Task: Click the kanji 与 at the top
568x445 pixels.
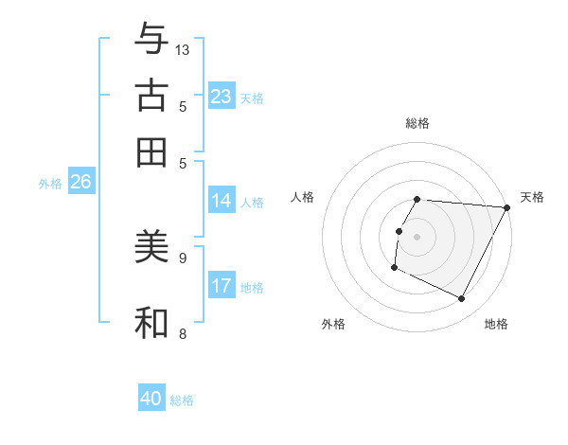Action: tap(151, 39)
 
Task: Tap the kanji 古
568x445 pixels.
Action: tap(151, 96)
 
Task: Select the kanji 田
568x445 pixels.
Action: tap(151, 151)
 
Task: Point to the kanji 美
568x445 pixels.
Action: tap(151, 247)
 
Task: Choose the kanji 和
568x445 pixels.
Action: tap(151, 322)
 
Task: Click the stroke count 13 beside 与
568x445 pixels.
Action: tap(183, 49)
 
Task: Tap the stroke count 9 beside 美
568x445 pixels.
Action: tap(183, 257)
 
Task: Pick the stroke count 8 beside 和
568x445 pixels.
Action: tap(183, 333)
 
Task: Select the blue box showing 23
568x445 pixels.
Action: tap(222, 97)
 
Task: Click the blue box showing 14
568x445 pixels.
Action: tap(222, 201)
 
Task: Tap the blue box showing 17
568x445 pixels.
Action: tap(222, 286)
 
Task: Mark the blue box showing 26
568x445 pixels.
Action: tap(80, 183)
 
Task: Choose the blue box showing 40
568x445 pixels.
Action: tap(151, 399)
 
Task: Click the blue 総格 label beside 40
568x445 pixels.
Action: tap(182, 400)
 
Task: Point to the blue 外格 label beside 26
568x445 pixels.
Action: tap(50, 184)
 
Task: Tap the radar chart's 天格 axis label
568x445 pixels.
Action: tap(532, 197)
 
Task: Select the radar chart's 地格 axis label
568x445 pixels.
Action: tap(496, 324)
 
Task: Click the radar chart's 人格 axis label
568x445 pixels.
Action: tap(302, 197)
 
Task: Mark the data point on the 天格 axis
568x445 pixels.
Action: tap(506, 207)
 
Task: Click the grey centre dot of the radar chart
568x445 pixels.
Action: tap(417, 237)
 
